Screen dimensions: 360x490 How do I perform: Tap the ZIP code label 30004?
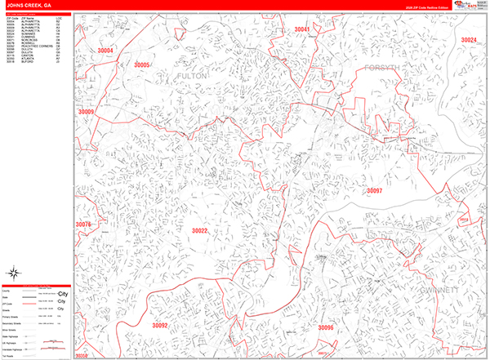pos(105,51)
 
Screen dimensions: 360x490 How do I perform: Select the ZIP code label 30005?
pos(142,64)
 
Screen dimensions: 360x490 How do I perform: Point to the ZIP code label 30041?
pos(302,29)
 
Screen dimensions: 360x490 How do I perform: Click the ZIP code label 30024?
pos(468,40)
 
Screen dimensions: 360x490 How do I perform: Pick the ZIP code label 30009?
pos(86,111)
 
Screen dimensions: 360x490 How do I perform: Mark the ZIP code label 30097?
pos(374,191)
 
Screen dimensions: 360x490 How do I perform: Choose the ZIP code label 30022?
pos(200,231)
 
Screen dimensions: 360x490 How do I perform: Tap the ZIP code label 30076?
pos(83,224)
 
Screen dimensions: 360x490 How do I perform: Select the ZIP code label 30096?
pos(326,327)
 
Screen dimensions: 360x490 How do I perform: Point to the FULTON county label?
pos(193,76)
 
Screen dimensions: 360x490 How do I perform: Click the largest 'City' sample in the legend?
pos(63,293)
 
